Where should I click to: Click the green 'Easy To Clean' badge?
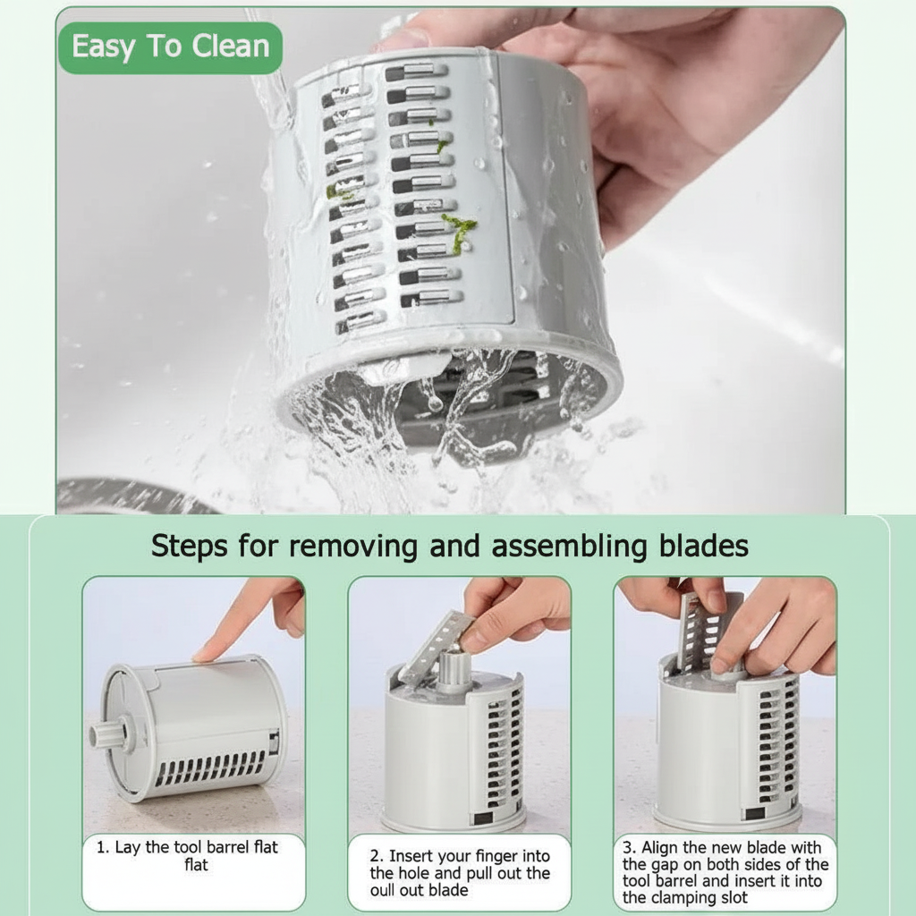(x=170, y=47)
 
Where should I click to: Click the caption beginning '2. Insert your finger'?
(x=460, y=872)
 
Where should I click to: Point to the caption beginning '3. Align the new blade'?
(x=725, y=872)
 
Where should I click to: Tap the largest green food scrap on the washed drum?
(x=461, y=231)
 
